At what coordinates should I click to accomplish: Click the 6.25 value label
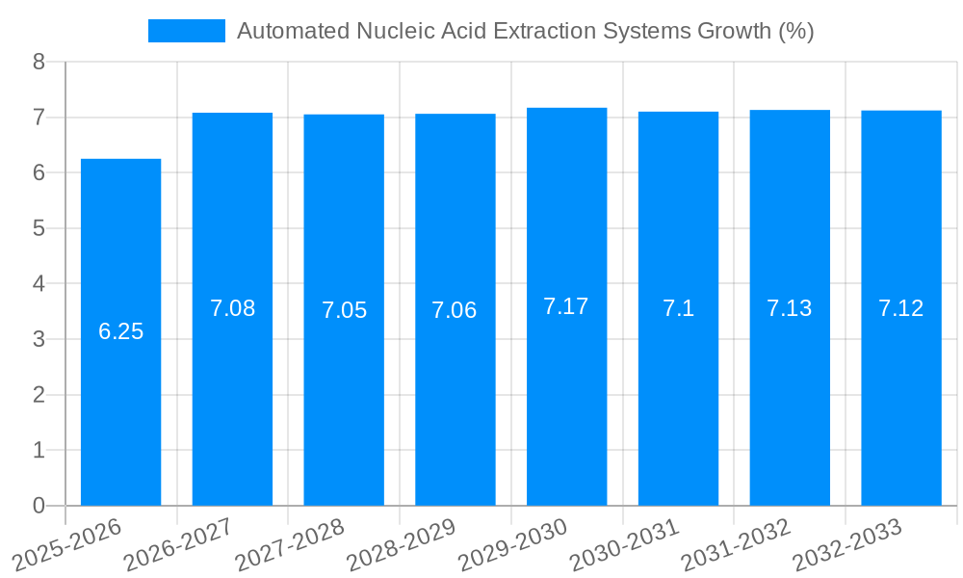coord(120,331)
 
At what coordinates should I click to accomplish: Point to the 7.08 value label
coord(232,308)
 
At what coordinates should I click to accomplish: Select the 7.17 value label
coord(566,306)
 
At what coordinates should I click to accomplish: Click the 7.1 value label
coord(678,308)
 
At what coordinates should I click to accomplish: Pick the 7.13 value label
coord(789,308)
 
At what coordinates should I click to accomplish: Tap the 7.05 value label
coord(344,310)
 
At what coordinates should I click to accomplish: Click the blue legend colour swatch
coord(186,31)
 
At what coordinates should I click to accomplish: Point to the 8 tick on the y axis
coord(39,62)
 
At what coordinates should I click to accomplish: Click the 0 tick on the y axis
coord(39,506)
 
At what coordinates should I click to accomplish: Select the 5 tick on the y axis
coord(39,228)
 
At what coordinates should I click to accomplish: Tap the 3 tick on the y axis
coord(39,339)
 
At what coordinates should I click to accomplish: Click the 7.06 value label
coord(455,310)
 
